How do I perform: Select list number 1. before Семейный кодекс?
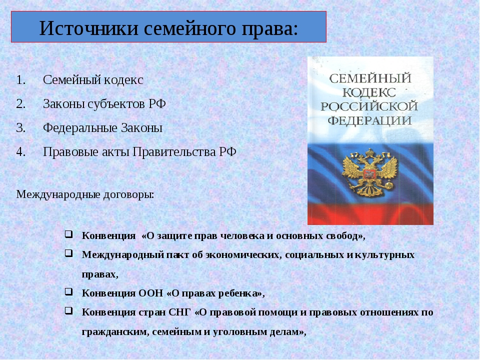[21, 80]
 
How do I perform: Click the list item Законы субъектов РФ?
[104, 104]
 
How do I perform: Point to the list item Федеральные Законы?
[102, 127]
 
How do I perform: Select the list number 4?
[21, 152]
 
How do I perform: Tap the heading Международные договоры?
[85, 194]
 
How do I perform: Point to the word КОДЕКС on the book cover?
[369, 92]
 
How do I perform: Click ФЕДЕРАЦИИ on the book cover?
[369, 120]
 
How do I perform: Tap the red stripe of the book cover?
[370, 214]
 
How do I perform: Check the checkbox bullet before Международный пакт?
[69, 253]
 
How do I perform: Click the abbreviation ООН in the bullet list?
[151, 293]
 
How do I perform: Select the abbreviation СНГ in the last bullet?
[179, 312]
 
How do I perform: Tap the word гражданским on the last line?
[115, 332]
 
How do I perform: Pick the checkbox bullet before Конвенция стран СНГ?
[69, 311]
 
